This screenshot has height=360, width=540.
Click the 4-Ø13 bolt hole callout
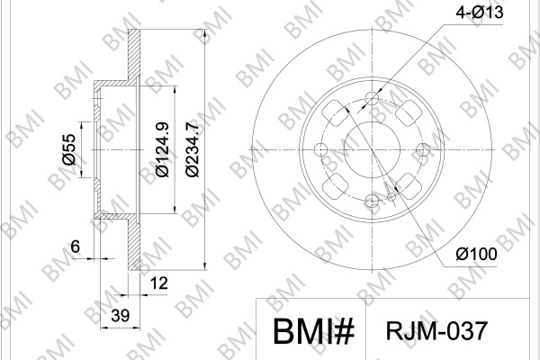[480, 12]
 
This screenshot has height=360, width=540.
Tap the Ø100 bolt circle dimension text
[477, 254]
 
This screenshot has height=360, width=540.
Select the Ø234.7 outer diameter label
[193, 148]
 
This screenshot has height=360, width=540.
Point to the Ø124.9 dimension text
[162, 149]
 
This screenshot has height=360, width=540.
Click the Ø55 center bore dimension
[68, 149]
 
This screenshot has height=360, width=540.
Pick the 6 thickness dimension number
[75, 247]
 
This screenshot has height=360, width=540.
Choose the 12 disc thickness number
[159, 283]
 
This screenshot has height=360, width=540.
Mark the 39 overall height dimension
[121, 315]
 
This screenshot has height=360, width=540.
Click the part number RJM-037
[436, 330]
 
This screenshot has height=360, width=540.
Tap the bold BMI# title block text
[313, 331]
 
